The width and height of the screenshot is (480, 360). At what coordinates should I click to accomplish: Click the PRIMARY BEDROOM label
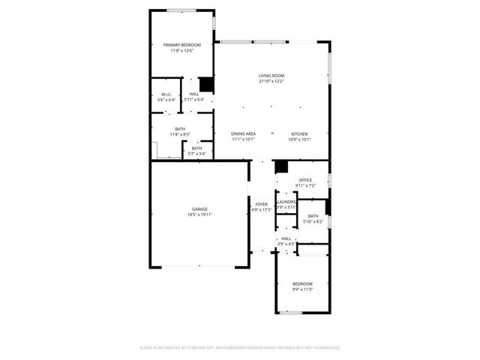click(x=182, y=45)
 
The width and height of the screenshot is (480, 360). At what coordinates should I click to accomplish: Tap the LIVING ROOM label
click(x=271, y=76)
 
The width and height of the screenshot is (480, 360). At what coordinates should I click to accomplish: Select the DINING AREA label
click(x=244, y=133)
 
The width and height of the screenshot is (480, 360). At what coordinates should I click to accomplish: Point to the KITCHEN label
click(x=300, y=133)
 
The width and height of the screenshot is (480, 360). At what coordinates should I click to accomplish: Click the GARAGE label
click(x=199, y=209)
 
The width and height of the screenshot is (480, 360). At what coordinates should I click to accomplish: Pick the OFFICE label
click(x=305, y=180)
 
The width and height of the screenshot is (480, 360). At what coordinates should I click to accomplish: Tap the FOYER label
click(x=262, y=204)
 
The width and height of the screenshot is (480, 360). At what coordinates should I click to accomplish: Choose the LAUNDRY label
click(x=286, y=202)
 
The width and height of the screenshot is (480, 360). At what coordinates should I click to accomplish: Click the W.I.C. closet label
click(x=166, y=94)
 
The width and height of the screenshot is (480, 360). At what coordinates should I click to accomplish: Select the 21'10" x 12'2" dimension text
click(x=271, y=81)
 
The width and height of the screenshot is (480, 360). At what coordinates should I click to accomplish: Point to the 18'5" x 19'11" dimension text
click(x=199, y=214)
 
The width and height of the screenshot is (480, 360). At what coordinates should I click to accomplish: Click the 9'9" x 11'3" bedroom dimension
click(x=302, y=289)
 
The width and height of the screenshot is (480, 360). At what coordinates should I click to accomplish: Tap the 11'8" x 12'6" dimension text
click(x=182, y=51)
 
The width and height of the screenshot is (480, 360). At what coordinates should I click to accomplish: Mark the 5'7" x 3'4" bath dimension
click(x=196, y=154)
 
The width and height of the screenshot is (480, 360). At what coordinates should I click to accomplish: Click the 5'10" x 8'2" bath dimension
click(x=313, y=221)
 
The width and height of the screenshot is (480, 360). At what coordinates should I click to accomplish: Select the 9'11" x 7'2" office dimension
click(x=305, y=185)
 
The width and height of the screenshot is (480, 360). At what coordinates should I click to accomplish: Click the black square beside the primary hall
click(x=207, y=85)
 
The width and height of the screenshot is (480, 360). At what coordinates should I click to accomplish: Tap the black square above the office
click(x=281, y=167)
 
